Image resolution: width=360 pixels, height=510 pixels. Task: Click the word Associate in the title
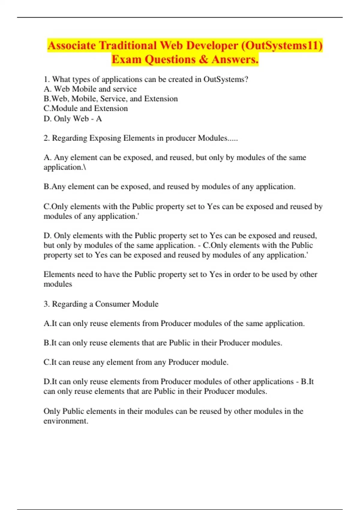(x=72, y=46)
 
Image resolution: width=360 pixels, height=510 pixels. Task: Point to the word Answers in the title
(x=235, y=59)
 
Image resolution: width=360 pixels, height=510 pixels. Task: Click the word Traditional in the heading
(x=128, y=46)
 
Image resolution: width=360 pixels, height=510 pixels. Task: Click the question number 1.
(x=46, y=79)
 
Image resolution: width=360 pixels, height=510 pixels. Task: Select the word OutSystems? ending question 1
(x=226, y=79)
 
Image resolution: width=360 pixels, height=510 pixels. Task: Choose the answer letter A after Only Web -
(x=99, y=119)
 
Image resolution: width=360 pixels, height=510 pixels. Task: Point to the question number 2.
(x=46, y=138)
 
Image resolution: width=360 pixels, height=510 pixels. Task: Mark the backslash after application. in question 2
(x=85, y=167)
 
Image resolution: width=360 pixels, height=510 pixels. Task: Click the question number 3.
(x=46, y=304)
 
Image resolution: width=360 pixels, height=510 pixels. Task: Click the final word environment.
(x=66, y=421)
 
